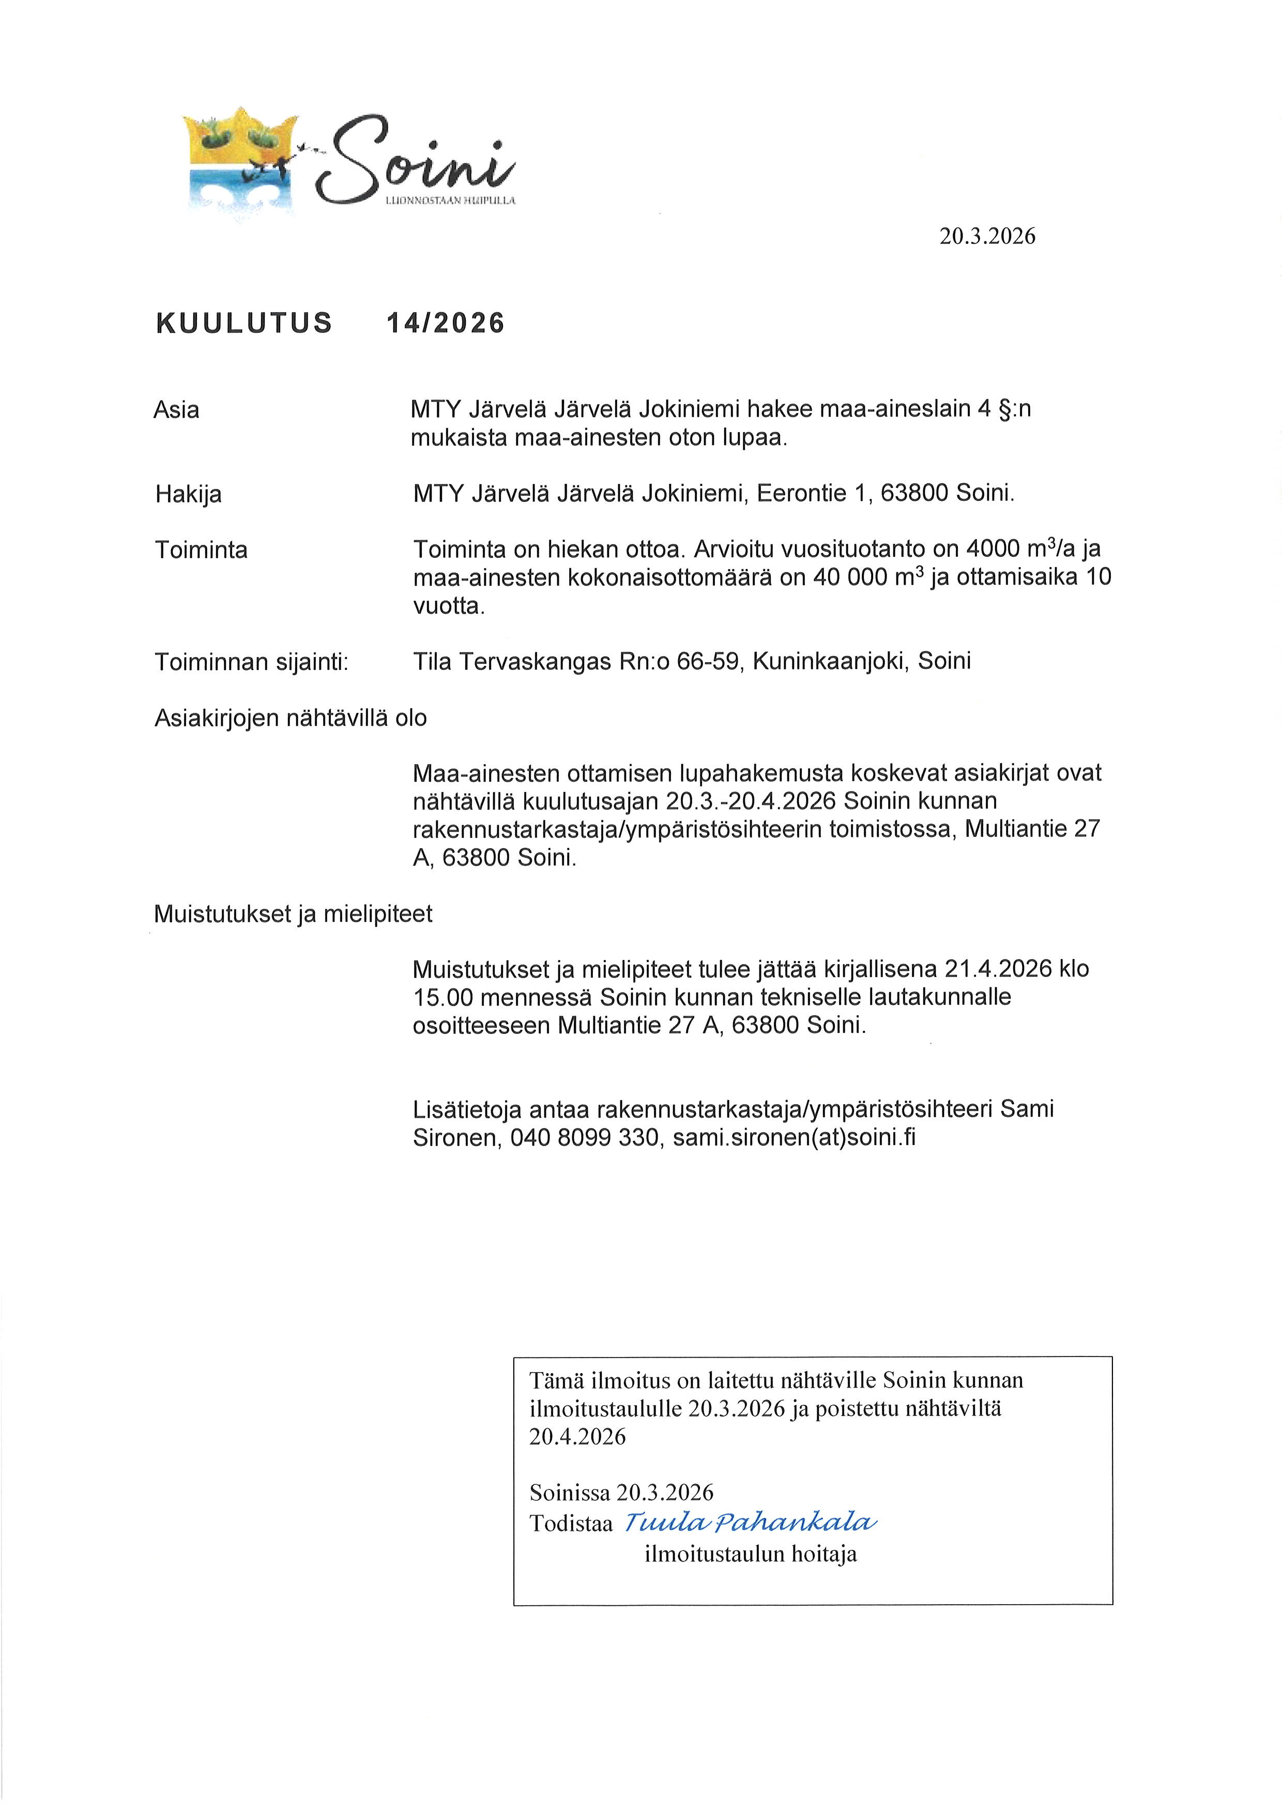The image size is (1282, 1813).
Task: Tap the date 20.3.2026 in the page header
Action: [987, 236]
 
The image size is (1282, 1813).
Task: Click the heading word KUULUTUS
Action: [244, 323]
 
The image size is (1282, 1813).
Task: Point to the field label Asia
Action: [177, 410]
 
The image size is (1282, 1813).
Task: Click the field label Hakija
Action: [188, 494]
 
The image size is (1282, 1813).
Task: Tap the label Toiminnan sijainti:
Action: [252, 662]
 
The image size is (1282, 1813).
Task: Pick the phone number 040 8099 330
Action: [584, 1138]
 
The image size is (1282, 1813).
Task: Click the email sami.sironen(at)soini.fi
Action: [793, 1138]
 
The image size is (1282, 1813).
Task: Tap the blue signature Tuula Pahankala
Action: [750, 1522]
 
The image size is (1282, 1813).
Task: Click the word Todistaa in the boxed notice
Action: [571, 1524]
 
